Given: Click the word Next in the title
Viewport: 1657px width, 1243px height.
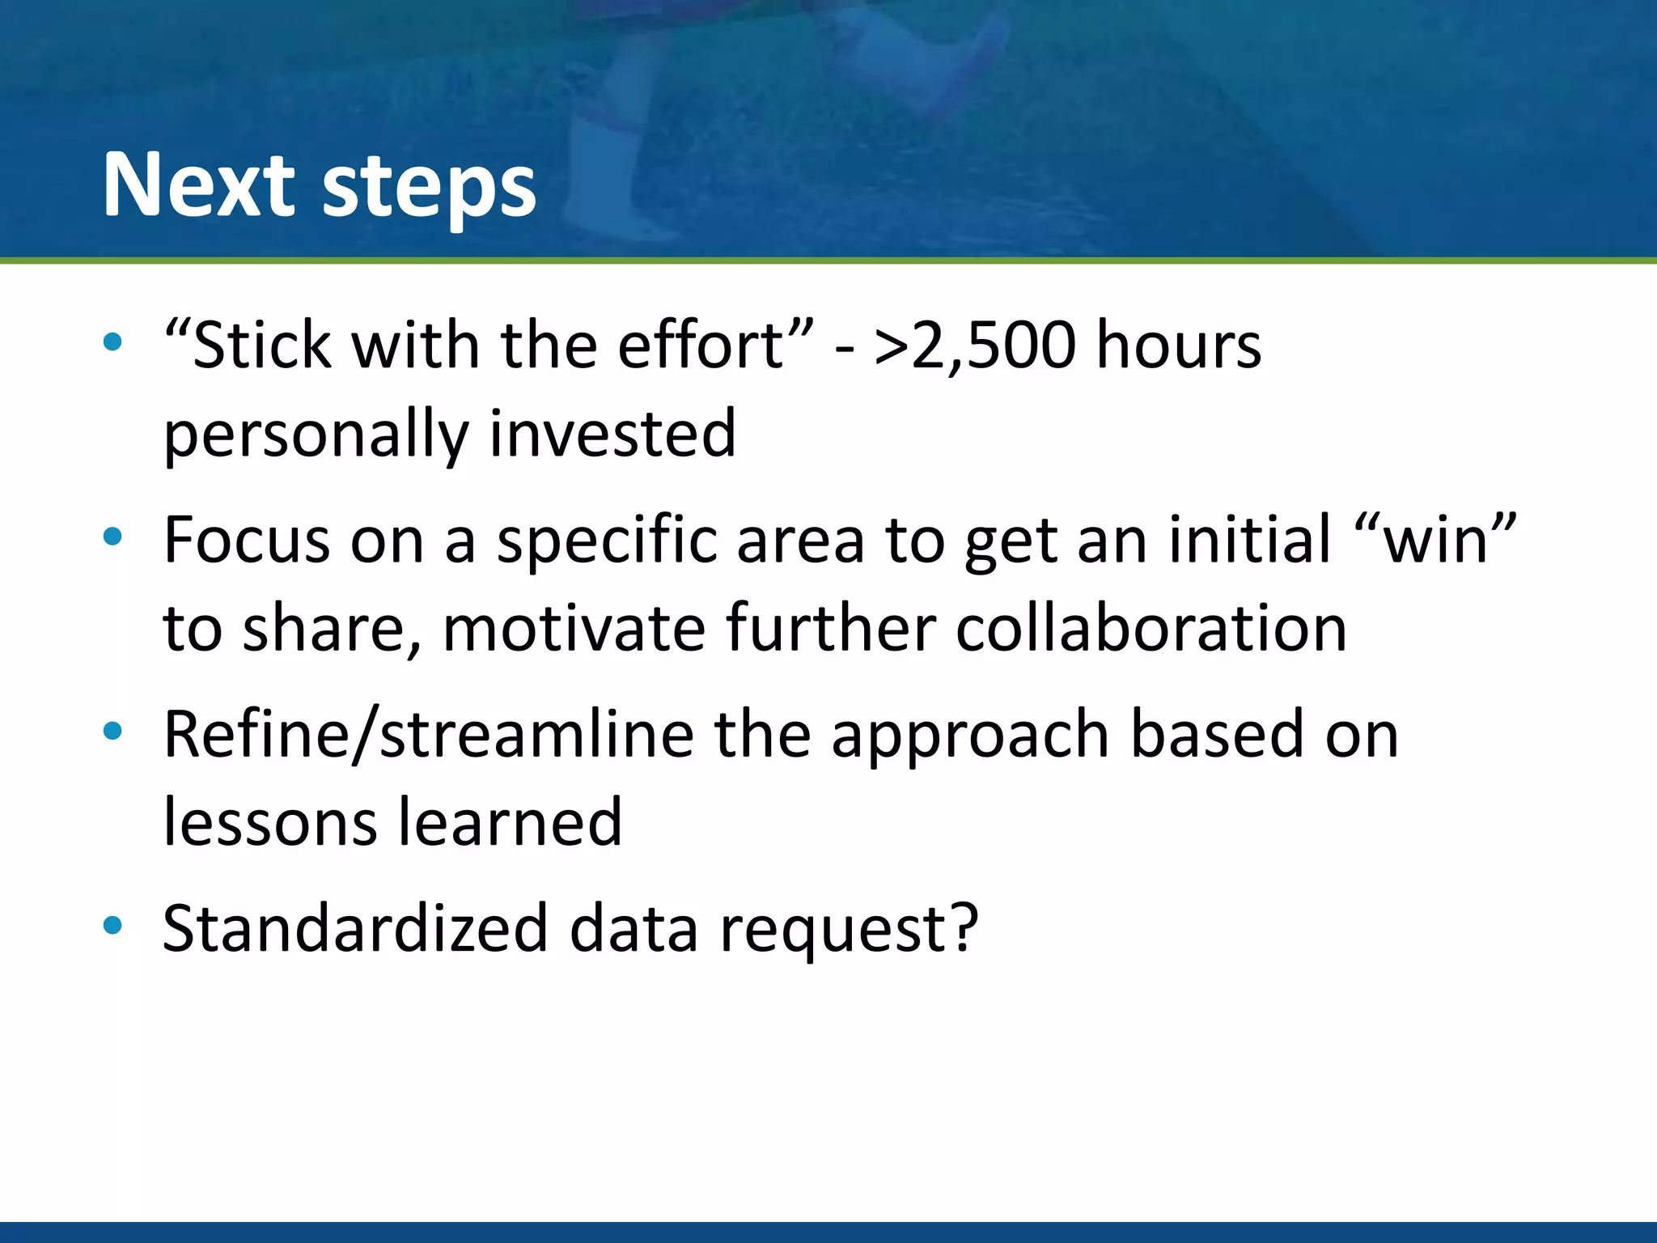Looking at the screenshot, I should pos(199,185).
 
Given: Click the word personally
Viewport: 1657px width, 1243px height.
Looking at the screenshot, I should pos(316,435).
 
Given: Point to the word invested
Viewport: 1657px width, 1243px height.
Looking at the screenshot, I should pos(612,434).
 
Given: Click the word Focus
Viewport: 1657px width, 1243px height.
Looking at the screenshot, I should pos(246,540).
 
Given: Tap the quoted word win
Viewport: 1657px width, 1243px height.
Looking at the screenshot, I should pos(1435,540).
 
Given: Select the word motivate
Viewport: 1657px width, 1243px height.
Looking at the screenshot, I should pos(574,629).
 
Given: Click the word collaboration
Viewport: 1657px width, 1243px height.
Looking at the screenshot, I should pos(1151,629).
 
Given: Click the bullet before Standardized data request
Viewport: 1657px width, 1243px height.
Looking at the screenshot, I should pos(112,925).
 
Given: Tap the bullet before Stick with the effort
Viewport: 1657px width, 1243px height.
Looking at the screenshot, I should pos(112,342).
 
